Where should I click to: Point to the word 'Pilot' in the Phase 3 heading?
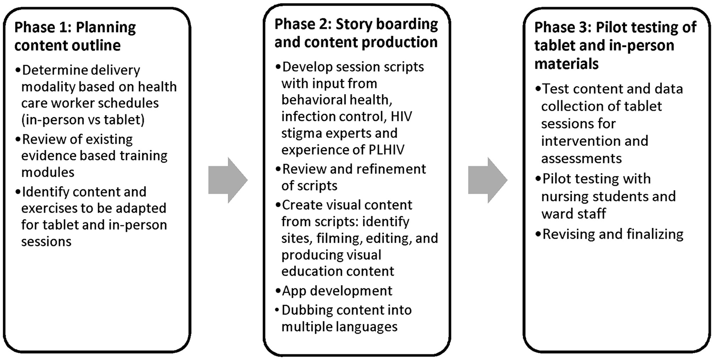pyautogui.click(x=613, y=27)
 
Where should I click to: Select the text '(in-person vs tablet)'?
pyautogui.click(x=83, y=120)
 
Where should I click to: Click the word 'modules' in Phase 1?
pyautogui.click(x=48, y=172)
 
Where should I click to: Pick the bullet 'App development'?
pyautogui.click(x=337, y=291)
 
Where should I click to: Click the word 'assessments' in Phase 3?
pyautogui.click(x=581, y=159)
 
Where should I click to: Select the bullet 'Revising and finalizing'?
pyautogui.click(x=612, y=234)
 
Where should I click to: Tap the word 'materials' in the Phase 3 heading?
pyautogui.click(x=566, y=64)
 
